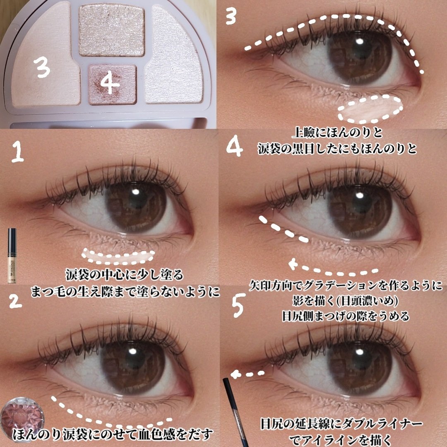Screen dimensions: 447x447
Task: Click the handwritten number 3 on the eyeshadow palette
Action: coord(42,66)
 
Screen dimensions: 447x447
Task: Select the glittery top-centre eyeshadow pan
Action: coord(111,31)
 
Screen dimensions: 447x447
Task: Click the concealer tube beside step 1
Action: coord(12,254)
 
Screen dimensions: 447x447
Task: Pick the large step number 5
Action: coord(237,306)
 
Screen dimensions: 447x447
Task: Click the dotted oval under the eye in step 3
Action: coord(370,109)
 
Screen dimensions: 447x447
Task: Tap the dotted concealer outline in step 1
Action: coord(118,256)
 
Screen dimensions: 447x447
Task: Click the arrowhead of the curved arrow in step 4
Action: coord(293,264)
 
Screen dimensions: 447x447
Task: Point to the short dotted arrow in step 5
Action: coord(248,374)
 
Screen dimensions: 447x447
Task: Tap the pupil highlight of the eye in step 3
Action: coord(360,41)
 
